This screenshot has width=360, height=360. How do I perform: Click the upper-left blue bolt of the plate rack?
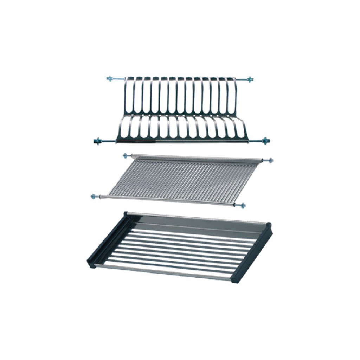110,78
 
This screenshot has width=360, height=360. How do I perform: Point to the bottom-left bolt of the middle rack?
93,196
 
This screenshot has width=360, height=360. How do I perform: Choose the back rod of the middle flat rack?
197,157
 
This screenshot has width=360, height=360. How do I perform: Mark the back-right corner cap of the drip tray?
269,225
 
